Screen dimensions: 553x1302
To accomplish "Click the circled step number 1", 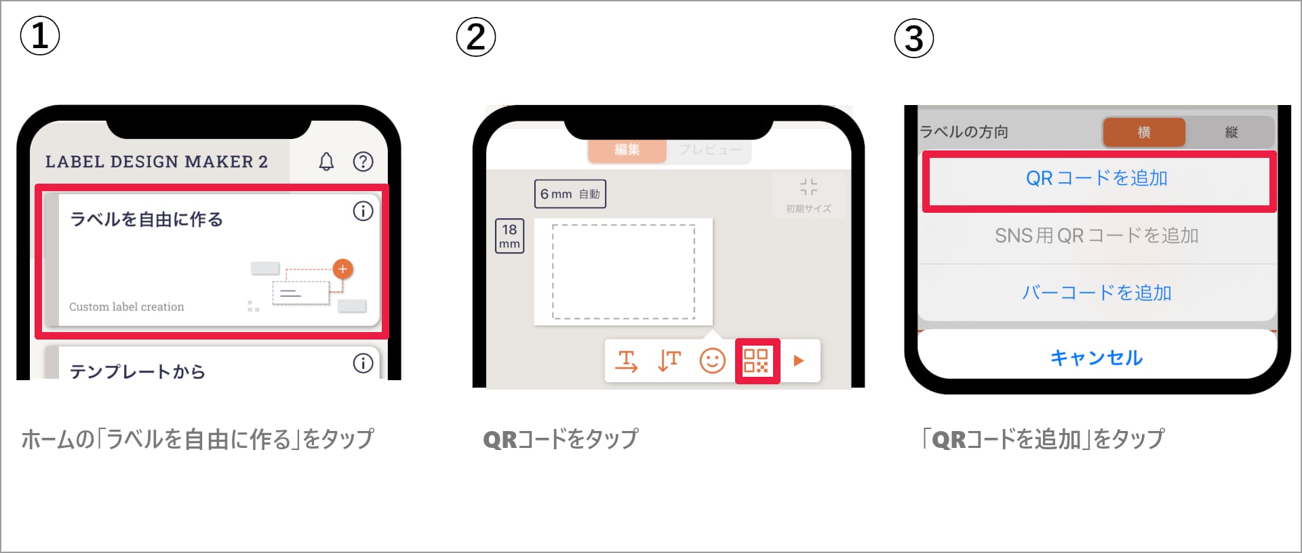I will click(40, 36).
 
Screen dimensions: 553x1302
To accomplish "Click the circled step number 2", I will click(476, 37).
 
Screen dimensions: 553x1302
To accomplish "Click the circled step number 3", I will click(914, 39).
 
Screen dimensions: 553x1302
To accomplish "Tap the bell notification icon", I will click(326, 161).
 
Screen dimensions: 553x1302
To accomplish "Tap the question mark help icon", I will click(363, 161).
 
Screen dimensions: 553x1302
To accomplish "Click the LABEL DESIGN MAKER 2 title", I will click(157, 162).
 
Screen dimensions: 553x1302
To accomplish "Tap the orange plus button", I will click(343, 269).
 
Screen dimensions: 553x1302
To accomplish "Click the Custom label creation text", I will click(127, 307).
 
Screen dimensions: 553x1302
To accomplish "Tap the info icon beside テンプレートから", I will click(363, 364).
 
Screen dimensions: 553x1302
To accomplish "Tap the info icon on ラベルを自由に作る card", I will click(363, 211).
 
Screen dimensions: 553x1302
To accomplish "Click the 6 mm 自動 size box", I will click(570, 194).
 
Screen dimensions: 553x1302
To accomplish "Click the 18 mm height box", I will click(509, 237).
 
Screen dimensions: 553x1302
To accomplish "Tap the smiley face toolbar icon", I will click(712, 361).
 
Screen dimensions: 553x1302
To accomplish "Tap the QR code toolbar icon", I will click(757, 361).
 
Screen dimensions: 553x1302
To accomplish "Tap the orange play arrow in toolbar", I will click(799, 361).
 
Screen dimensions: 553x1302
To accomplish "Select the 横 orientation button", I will click(1144, 132).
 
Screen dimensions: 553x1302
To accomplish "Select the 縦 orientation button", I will click(1231, 132).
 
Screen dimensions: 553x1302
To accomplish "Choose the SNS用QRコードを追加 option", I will click(1097, 236).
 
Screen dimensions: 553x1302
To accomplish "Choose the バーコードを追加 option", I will click(1097, 293).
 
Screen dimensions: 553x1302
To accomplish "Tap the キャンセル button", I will click(1097, 357).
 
